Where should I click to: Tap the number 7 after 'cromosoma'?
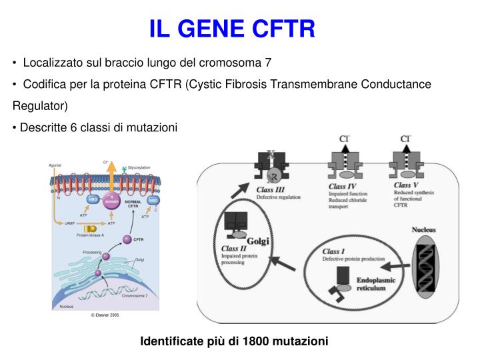tap(268, 63)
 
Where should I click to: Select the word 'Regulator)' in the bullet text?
tap(39, 106)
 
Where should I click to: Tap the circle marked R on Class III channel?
tap(273, 176)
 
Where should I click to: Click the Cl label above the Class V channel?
tap(405, 139)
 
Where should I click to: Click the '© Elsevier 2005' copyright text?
tap(105, 315)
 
